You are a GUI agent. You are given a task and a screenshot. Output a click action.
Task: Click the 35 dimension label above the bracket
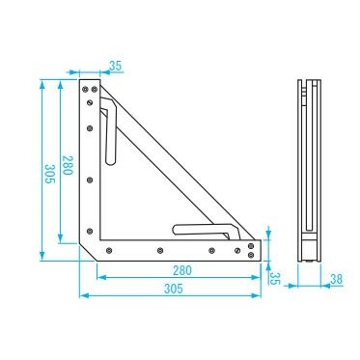coord(116,67)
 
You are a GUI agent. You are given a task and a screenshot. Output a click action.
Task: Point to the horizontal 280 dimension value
coord(181,271)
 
